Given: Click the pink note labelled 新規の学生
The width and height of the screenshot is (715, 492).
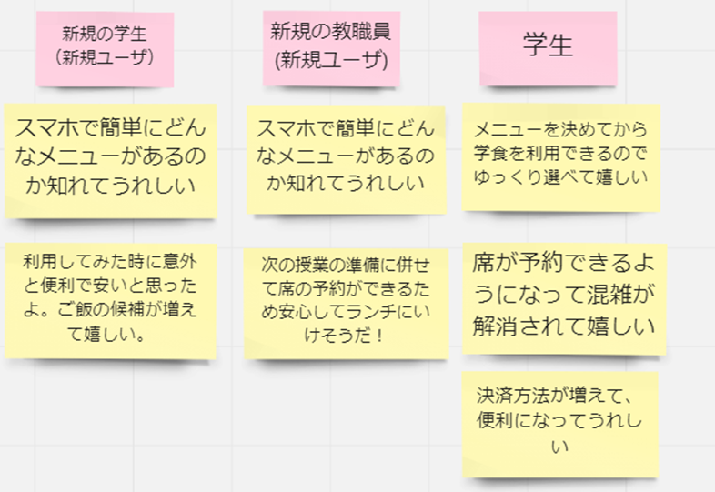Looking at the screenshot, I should pyautogui.click(x=104, y=46).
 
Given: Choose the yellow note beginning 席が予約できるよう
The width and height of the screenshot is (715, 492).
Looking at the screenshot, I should pyautogui.click(x=564, y=295).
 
